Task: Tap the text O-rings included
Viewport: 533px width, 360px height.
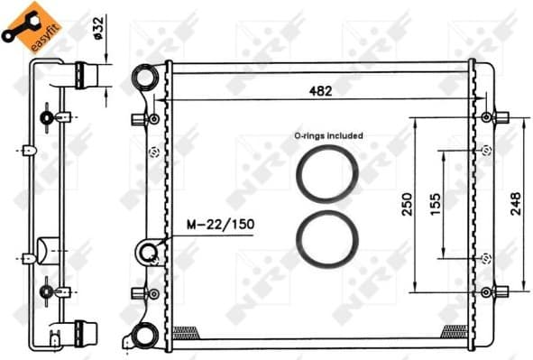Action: (x=328, y=135)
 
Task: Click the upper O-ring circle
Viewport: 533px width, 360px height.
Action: (x=327, y=172)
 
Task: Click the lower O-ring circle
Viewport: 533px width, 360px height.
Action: (x=327, y=241)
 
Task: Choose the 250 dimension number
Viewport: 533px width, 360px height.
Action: (x=408, y=204)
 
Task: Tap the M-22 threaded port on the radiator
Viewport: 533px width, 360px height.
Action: (x=150, y=252)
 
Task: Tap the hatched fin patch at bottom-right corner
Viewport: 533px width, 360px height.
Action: (x=454, y=331)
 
